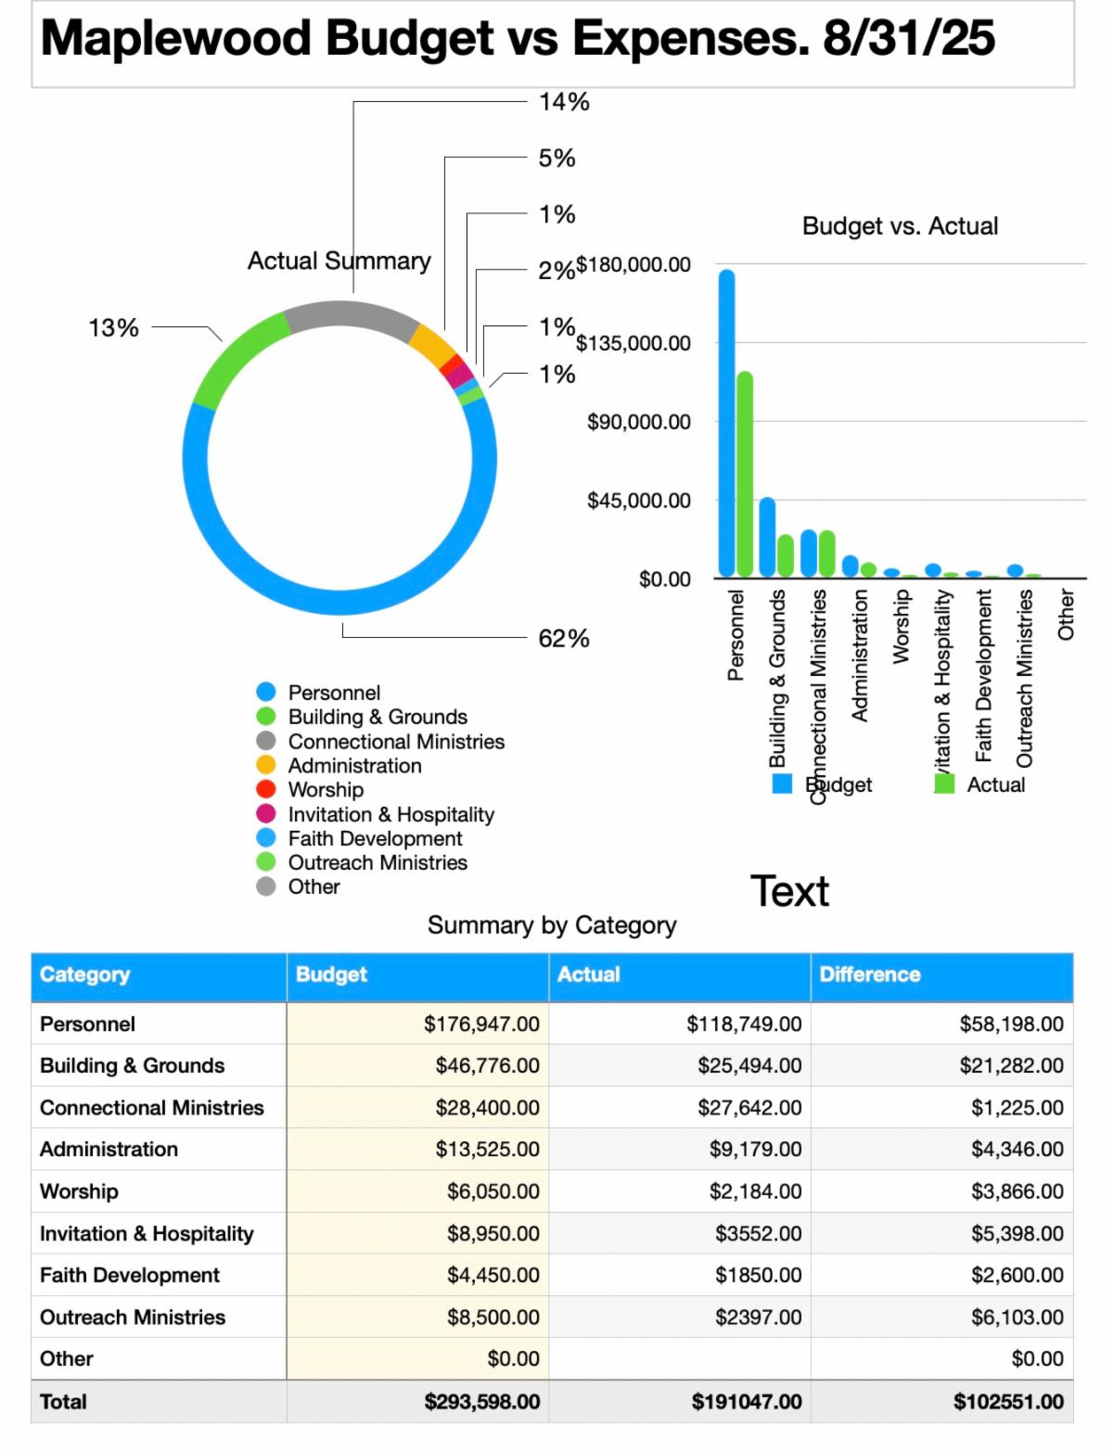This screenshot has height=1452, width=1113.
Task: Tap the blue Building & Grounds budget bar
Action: click(767, 538)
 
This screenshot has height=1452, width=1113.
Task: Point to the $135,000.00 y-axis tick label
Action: click(633, 344)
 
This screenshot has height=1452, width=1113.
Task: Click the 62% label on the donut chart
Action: click(564, 639)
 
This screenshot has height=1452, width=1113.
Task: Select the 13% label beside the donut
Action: click(113, 328)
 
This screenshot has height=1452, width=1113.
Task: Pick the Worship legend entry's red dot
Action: click(266, 790)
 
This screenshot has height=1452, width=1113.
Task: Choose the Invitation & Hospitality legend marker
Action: click(266, 814)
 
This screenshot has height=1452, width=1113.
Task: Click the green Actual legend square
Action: click(944, 784)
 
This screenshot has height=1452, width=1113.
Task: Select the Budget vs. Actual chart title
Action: click(900, 226)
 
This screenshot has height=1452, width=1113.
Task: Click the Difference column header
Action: click(870, 974)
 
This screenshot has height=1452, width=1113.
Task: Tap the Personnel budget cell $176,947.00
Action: click(481, 1025)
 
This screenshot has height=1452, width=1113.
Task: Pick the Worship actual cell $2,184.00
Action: click(755, 1191)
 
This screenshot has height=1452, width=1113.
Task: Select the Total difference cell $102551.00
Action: click(1008, 1402)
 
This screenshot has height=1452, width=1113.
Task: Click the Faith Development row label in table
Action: click(130, 1276)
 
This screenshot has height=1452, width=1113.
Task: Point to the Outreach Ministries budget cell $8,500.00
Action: click(493, 1318)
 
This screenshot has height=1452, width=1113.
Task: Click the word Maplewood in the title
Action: click(175, 39)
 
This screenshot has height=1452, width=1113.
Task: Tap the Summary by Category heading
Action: click(552, 925)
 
